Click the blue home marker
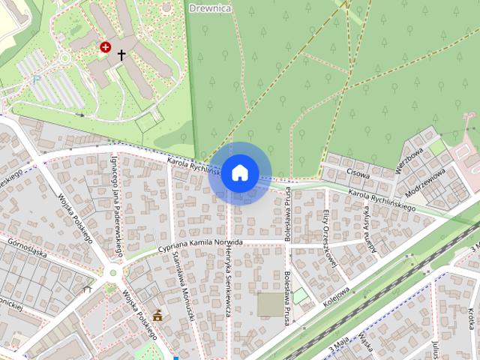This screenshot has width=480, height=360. click(239, 173)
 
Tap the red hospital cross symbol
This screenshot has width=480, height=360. click(106, 48)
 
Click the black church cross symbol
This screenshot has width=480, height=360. click(121, 55)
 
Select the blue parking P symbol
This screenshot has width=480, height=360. click(36, 79)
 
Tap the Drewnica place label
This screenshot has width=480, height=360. click(211, 7)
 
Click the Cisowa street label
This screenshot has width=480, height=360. click(359, 171)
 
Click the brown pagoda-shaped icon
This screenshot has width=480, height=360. click(157, 316)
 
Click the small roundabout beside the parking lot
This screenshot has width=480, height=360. click(64, 58)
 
